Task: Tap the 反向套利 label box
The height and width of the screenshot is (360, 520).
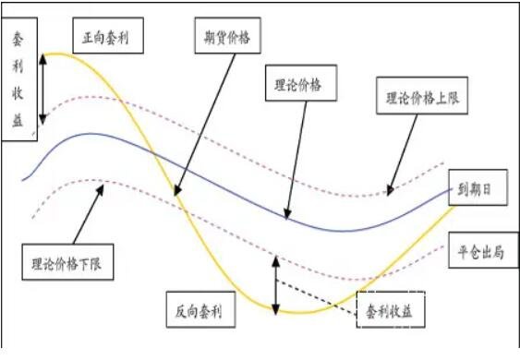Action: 200,308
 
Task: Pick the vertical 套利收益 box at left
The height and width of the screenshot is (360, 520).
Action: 18,79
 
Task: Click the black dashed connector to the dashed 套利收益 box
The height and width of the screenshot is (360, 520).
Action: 319,300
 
